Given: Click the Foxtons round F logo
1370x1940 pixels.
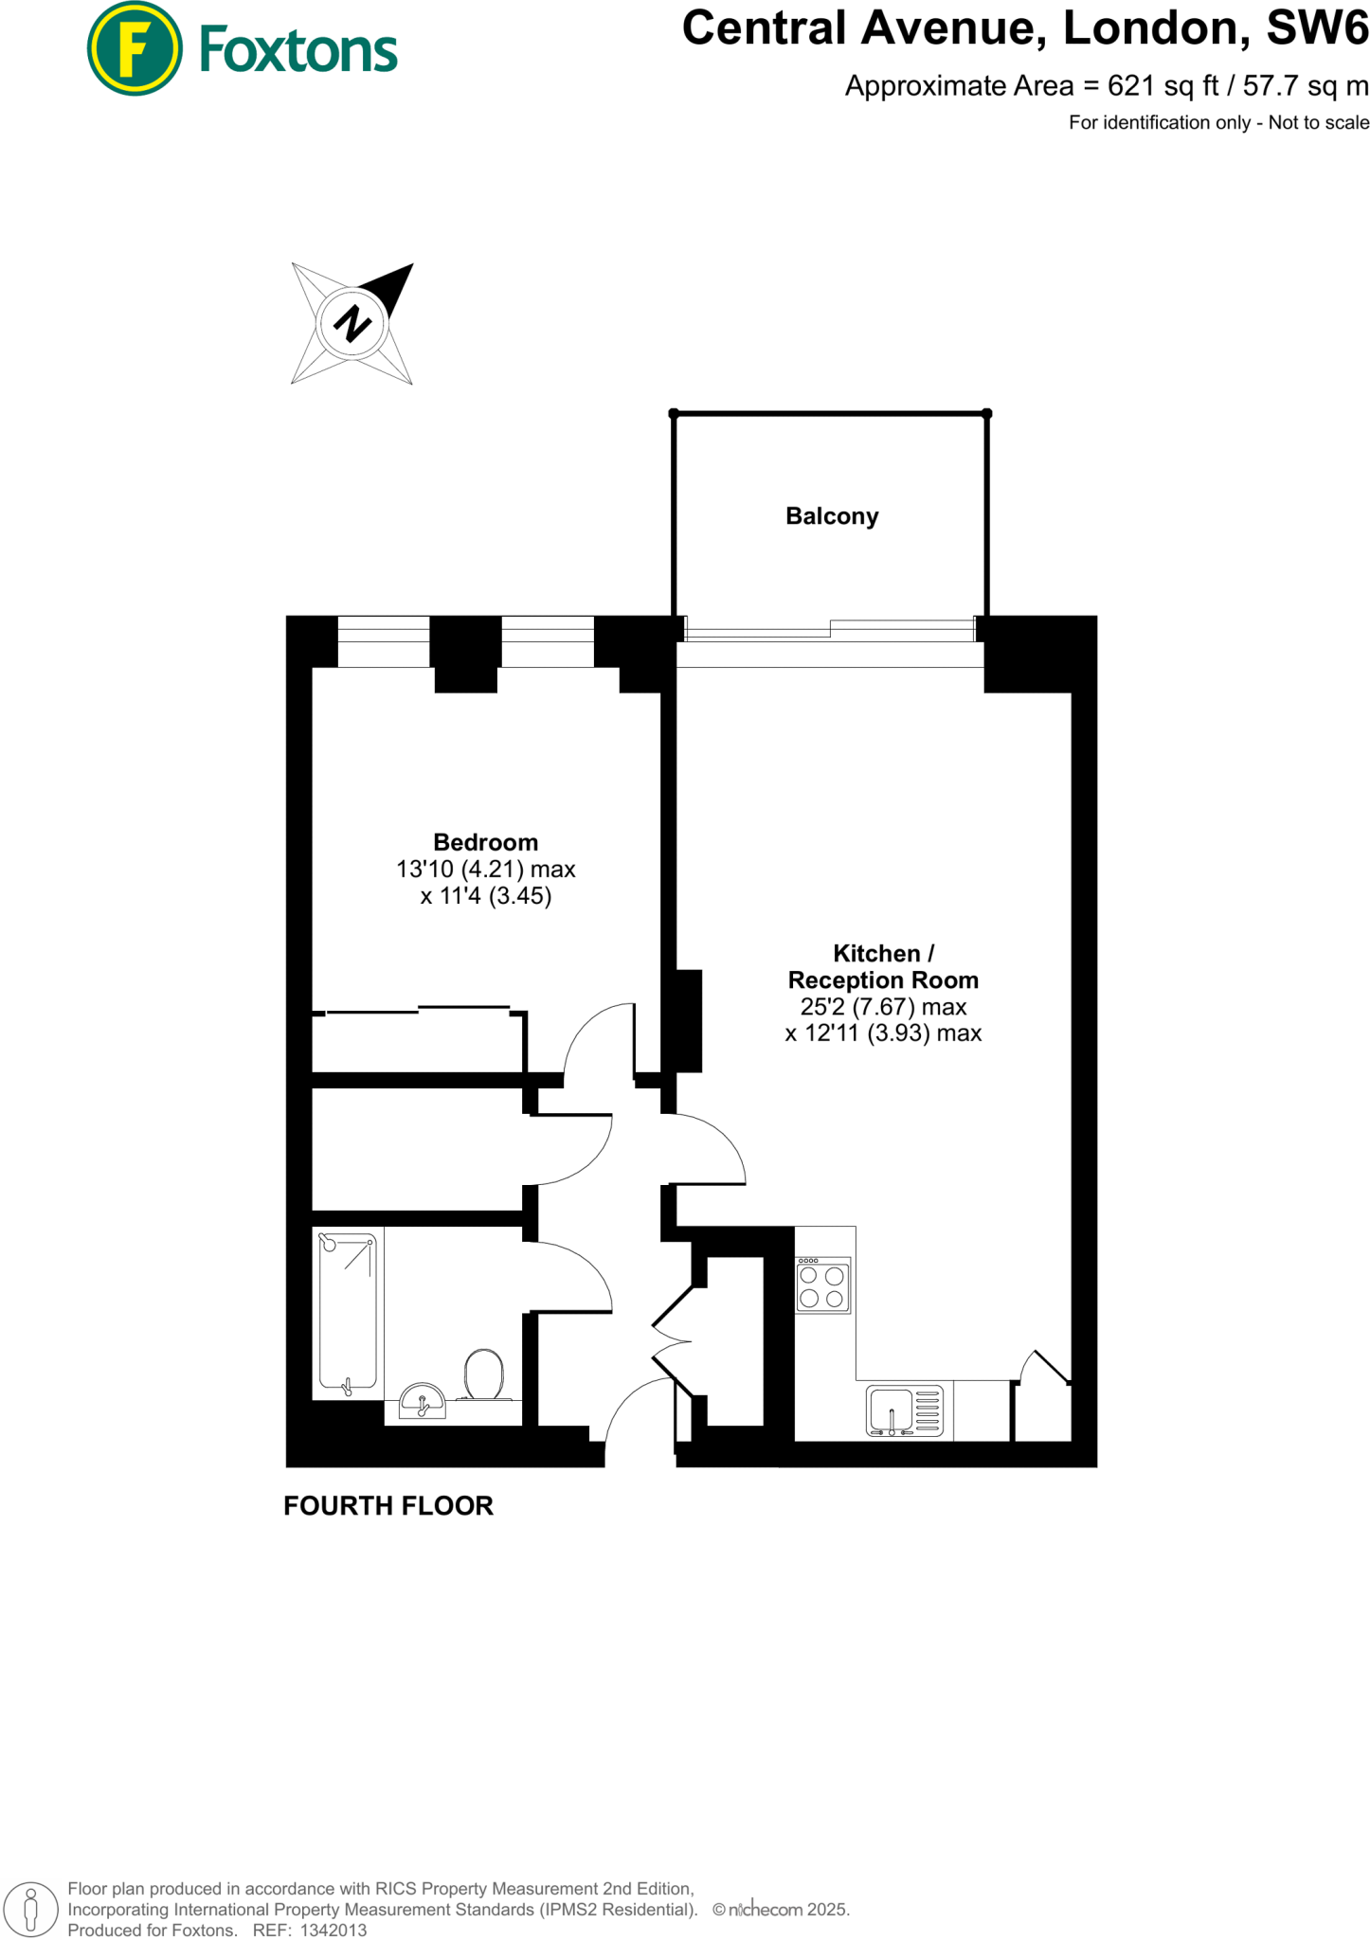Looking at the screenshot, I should point(134,49).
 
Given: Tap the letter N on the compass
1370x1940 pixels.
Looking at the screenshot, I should point(352,323).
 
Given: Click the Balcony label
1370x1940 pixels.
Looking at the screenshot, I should point(832,516).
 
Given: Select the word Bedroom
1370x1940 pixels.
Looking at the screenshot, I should point(485,842).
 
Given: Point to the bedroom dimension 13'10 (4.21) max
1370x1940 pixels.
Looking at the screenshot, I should point(485,869).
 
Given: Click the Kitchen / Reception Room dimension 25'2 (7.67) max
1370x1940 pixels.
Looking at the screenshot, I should point(883,1007).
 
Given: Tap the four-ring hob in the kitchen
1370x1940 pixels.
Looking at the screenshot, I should point(822,1285).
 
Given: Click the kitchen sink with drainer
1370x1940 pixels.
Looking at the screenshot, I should point(905,1410).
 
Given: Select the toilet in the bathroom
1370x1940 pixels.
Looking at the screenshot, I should point(484,1374).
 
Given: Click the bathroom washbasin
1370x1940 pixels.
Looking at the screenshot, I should point(423,1401).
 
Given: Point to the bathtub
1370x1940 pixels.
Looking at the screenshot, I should point(348,1312).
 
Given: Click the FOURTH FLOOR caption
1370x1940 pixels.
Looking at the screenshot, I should point(388,1506).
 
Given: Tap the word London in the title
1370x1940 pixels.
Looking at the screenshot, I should point(1150,28).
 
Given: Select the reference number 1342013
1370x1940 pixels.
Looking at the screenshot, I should point(333,1930).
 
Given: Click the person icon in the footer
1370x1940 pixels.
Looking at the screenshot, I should point(30,1909).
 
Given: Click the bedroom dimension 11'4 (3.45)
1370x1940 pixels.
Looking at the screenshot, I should point(485,896).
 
